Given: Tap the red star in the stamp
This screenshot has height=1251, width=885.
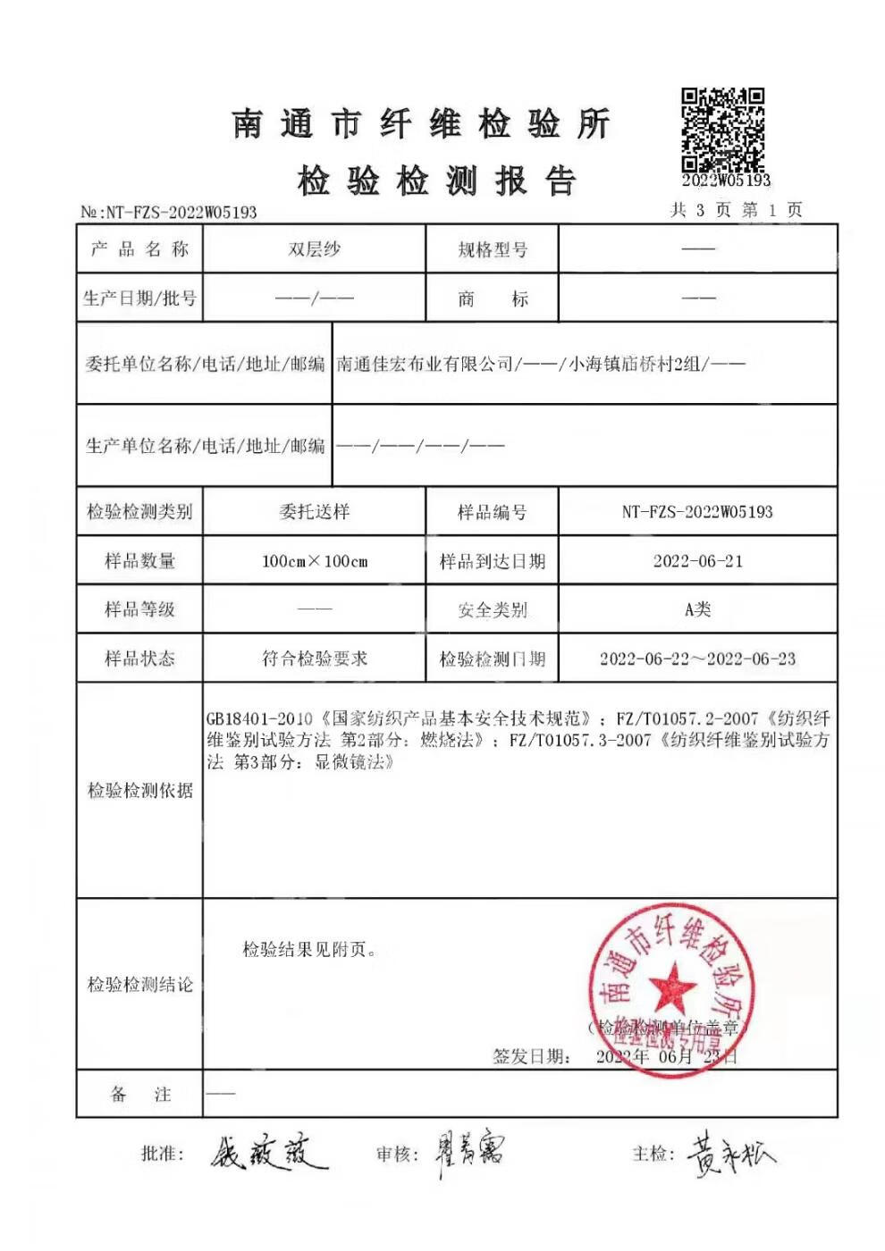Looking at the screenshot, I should click(671, 987).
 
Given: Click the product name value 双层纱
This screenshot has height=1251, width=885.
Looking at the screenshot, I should click(314, 249).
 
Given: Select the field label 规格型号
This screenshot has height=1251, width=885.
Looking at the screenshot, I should click(493, 250).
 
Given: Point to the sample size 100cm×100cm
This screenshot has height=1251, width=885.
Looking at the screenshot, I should click(315, 561).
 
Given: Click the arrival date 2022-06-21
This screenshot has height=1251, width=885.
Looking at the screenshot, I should click(697, 561).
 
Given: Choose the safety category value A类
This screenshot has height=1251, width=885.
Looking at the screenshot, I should click(697, 609).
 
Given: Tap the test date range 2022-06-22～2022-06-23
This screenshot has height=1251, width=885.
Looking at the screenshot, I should click(697, 659).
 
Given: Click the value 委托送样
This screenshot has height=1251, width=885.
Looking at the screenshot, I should click(314, 512).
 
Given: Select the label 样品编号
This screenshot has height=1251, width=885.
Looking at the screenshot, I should click(493, 512).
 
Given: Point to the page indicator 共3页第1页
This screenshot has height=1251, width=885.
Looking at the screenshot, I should click(737, 210).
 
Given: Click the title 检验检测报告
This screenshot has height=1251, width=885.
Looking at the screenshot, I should click(436, 181).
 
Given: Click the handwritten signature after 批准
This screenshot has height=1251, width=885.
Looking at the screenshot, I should click(267, 1154).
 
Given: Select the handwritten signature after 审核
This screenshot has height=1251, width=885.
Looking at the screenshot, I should click(470, 1154).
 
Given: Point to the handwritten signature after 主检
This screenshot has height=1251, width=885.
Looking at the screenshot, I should click(729, 1155).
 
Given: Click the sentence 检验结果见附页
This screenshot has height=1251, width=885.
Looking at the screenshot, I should click(309, 950).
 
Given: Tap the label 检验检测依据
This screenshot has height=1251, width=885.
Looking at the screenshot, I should click(139, 790).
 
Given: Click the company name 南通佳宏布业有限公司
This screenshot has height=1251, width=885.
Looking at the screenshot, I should click(425, 364).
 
